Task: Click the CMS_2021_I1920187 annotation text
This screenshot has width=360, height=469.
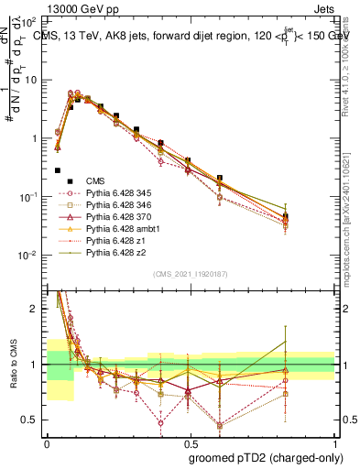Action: click(x=190, y=273)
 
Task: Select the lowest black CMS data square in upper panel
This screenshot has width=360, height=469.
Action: click(x=58, y=170)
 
